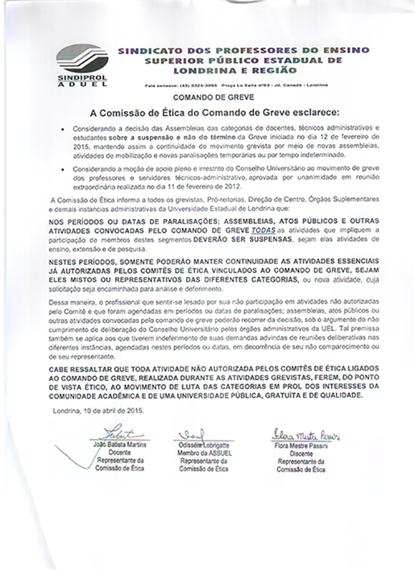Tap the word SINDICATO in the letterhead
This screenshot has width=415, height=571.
pyautogui.click(x=147, y=50)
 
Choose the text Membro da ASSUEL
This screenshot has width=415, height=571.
pyautogui.click(x=204, y=452)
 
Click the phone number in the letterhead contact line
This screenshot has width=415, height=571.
pyautogui.click(x=191, y=85)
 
